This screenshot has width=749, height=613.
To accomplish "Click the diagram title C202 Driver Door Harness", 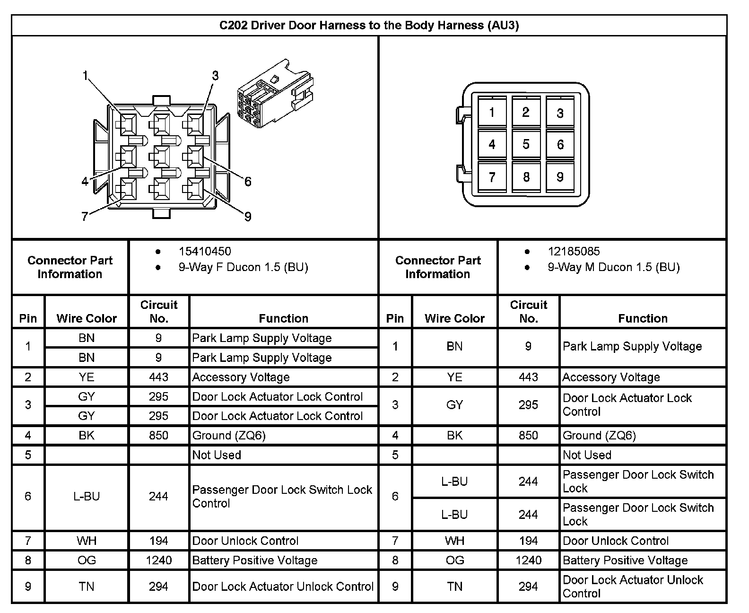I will (369, 25).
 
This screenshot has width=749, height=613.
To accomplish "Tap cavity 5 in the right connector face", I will (526, 144).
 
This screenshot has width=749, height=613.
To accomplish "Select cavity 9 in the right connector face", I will (560, 177).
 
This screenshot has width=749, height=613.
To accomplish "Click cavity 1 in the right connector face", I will (492, 113).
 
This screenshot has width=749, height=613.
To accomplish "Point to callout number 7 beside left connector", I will (85, 217).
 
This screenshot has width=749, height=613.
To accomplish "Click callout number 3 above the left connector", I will (215, 76).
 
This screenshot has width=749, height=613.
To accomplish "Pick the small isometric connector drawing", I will (274, 95).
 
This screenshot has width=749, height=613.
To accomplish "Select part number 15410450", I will (205, 251).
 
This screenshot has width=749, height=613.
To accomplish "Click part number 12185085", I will (574, 251).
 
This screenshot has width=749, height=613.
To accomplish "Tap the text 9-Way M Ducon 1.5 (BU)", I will (613, 267).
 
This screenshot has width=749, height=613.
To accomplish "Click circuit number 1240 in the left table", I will (158, 560).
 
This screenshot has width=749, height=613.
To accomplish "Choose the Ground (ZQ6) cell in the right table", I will (599, 435).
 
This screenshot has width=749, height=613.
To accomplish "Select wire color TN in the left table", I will (87, 587).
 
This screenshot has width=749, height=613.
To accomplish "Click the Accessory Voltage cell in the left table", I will (241, 377).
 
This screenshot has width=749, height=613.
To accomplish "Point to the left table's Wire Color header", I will (87, 318).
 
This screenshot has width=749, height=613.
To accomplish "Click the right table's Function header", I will (643, 318).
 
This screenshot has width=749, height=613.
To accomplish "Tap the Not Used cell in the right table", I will (587, 455).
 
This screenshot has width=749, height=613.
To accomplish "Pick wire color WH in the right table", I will (454, 541).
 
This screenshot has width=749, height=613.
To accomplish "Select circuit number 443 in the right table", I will (528, 377).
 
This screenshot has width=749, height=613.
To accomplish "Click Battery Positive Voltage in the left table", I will (254, 560).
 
